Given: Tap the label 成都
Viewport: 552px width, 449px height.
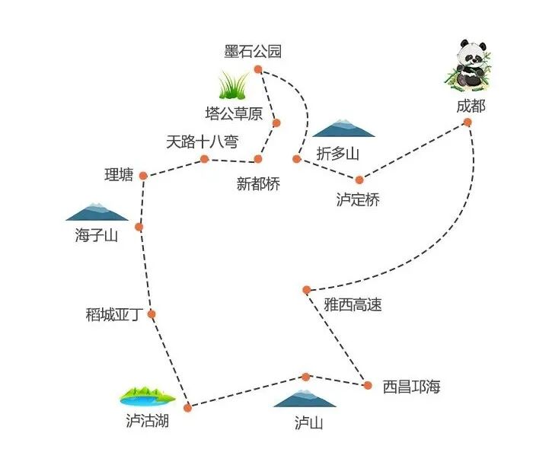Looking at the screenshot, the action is [470, 106].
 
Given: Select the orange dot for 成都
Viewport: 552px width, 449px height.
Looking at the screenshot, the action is [467, 122].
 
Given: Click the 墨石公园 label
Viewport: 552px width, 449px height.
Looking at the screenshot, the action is [253, 52].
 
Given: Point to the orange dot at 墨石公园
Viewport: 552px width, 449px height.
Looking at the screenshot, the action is [258, 69].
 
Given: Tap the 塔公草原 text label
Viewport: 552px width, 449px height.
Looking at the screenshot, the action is [234, 114].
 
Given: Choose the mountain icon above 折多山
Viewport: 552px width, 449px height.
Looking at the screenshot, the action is [343, 129].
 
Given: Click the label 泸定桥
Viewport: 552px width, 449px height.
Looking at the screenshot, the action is [357, 200].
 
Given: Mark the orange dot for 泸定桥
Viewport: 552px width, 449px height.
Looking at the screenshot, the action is [359, 180].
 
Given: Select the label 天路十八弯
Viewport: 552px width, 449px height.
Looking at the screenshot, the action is [203, 142].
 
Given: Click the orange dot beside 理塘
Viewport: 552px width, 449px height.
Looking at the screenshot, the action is [143, 176].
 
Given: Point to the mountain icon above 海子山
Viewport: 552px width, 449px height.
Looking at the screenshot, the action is [97, 212].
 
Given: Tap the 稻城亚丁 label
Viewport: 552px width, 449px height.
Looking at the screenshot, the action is [114, 314].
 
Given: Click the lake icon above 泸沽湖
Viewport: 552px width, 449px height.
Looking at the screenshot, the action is [147, 396].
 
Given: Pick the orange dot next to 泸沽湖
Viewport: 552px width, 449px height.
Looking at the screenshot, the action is [187, 408].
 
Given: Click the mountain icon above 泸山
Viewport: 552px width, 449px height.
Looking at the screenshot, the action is [305, 398].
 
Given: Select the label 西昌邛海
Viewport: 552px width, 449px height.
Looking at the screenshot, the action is [411, 387].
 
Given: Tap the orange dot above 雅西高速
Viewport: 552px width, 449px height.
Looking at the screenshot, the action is [306, 289].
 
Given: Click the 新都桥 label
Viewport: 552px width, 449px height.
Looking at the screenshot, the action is [258, 184].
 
